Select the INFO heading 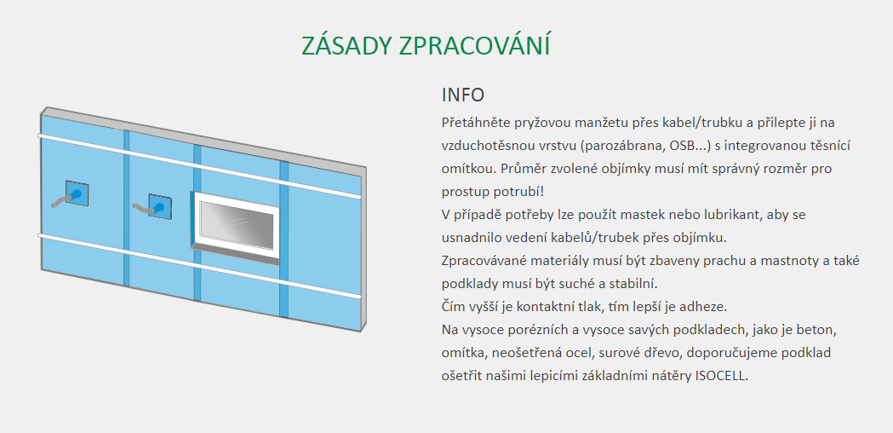tap(462, 95)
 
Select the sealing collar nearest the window tap(160, 206)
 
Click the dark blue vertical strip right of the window tap(283, 240)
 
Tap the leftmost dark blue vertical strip tap(127, 208)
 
